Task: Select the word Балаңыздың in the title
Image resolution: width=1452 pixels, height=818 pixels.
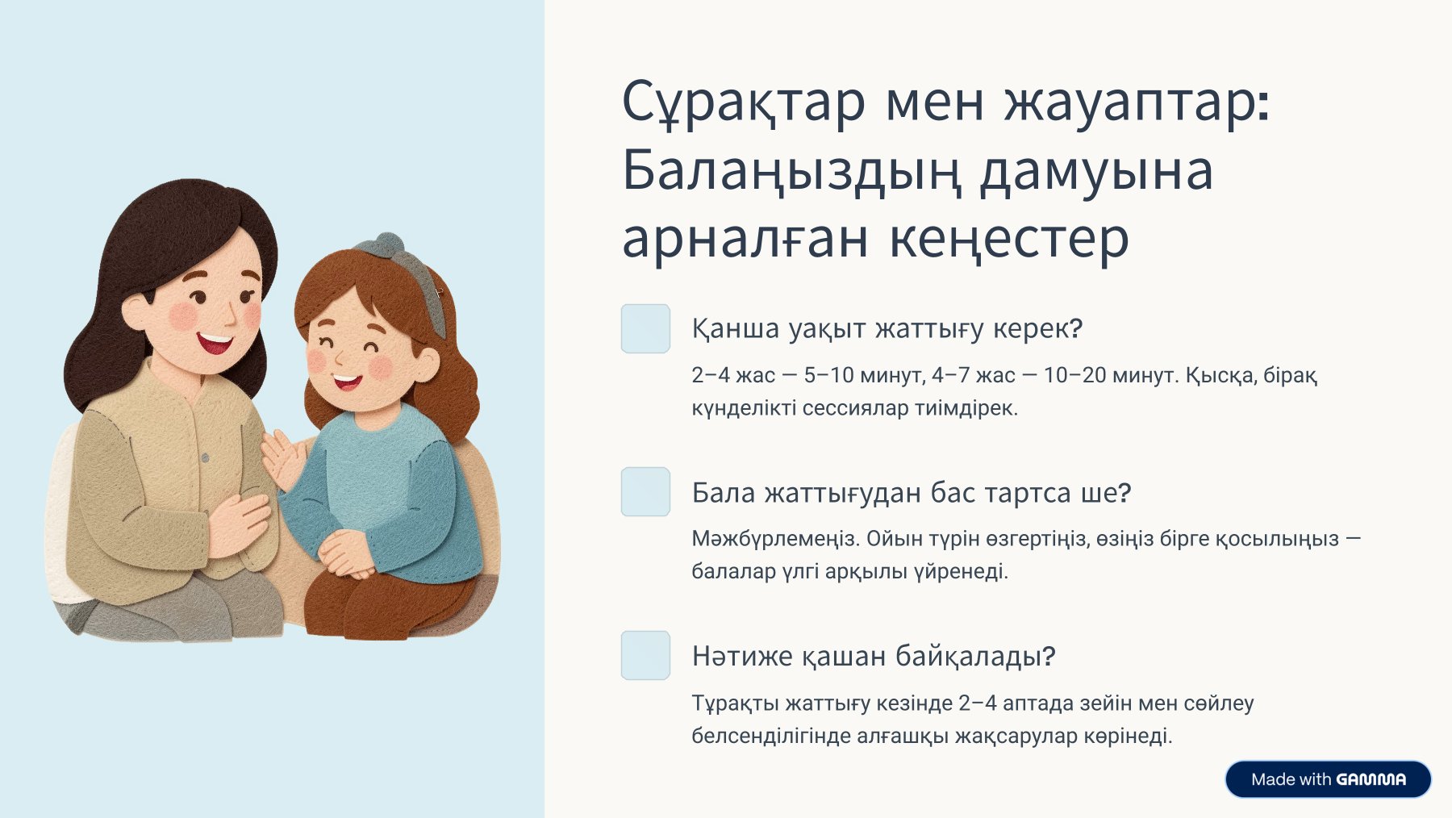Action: [x=794, y=171]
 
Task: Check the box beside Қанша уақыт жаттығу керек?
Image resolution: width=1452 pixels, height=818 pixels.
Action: [x=645, y=328]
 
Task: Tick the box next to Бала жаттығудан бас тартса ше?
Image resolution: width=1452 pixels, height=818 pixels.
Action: [x=645, y=491]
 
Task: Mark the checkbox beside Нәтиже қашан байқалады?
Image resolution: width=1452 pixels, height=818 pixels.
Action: [x=645, y=655]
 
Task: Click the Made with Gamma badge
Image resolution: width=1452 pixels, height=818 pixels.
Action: [x=1328, y=779]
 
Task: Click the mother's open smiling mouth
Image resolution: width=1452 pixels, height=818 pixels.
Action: [x=215, y=342]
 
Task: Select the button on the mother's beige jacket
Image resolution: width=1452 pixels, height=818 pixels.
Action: [x=205, y=458]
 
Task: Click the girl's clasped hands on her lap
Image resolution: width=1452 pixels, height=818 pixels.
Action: [x=347, y=554]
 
